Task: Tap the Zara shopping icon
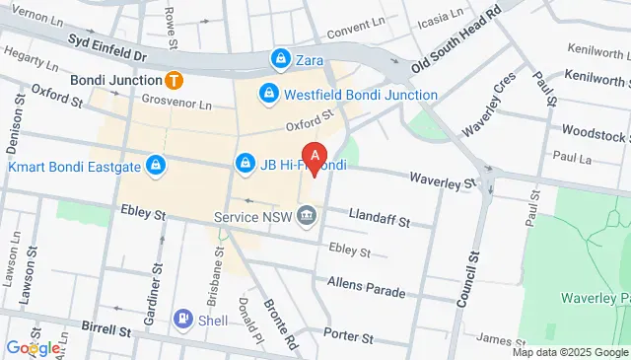282,59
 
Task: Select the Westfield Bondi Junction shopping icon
267,95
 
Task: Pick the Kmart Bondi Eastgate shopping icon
154,165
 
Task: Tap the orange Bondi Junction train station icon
174,79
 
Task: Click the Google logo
33,348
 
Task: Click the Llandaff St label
380,224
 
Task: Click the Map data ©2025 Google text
570,352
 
